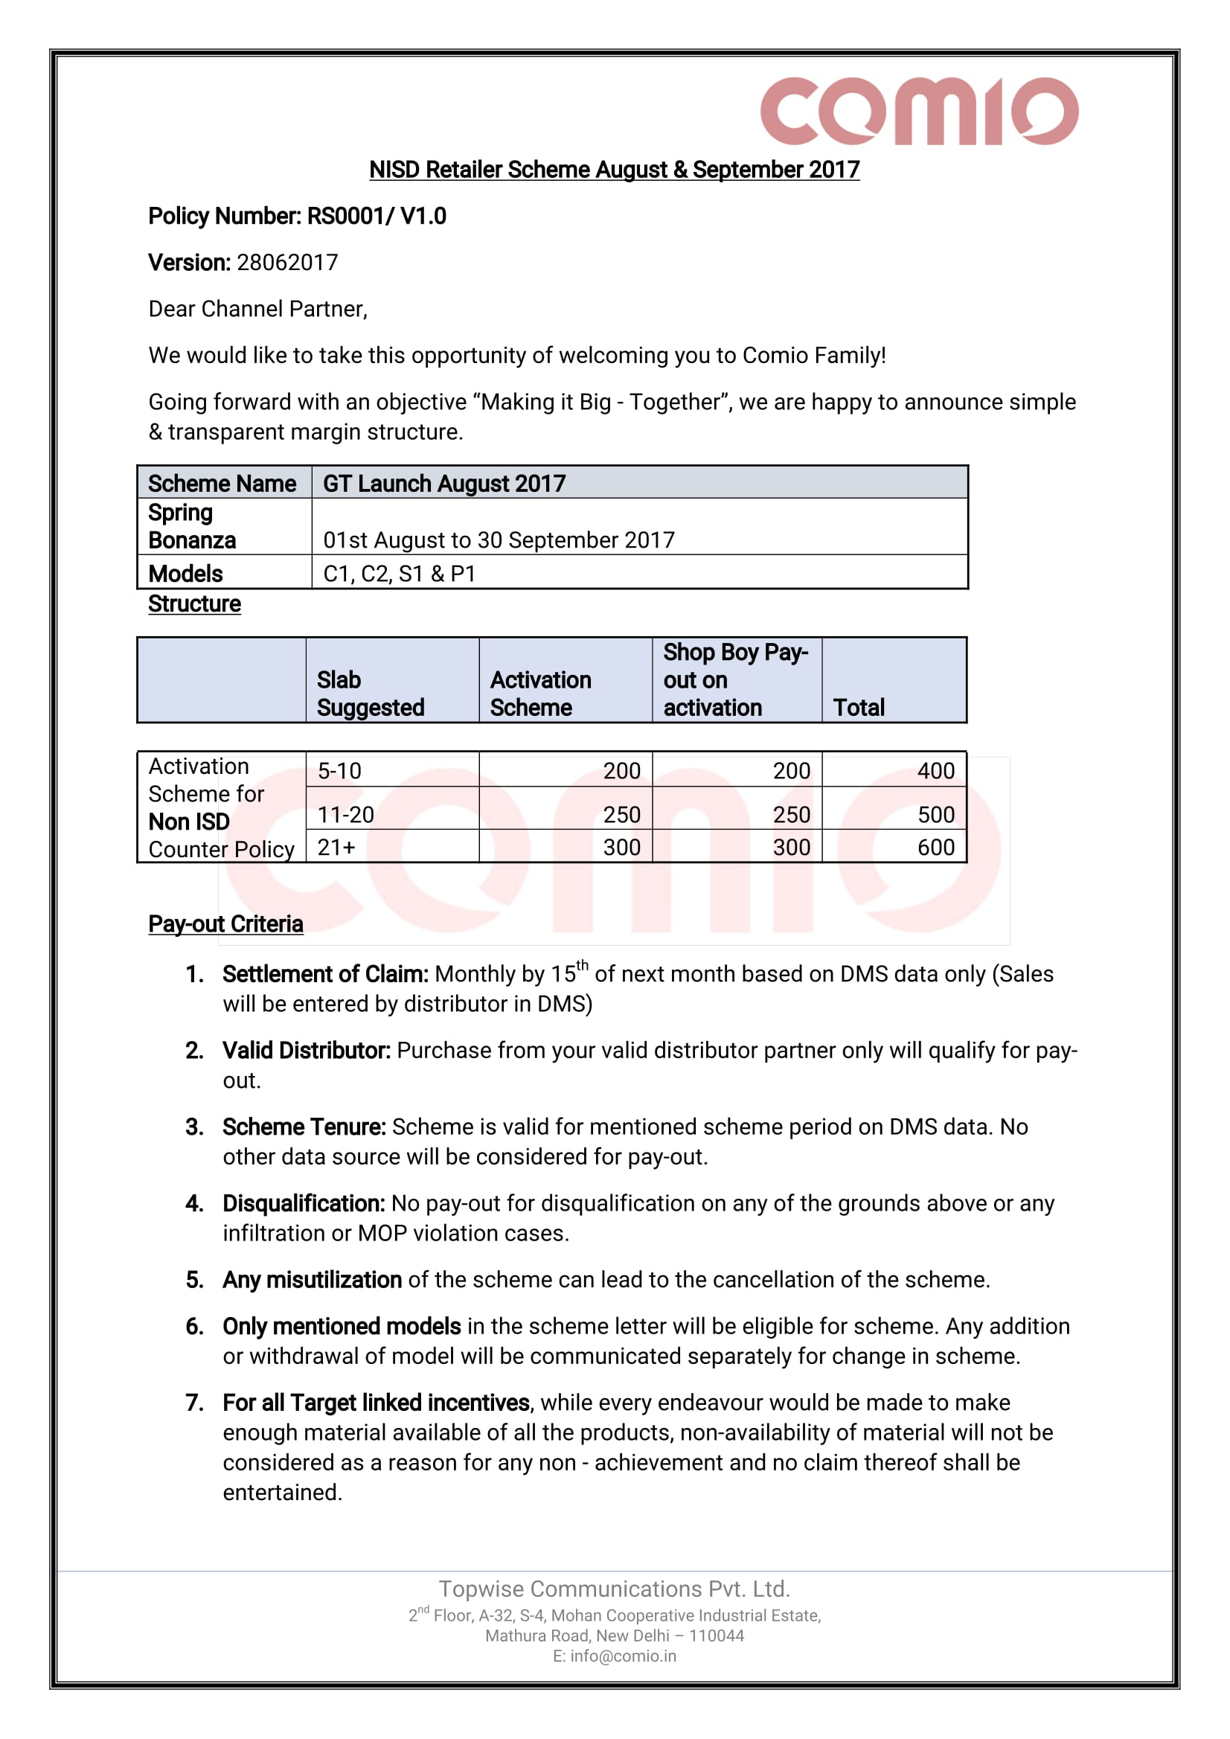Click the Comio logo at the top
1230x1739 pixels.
[919, 111]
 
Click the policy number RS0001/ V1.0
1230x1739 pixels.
[377, 217]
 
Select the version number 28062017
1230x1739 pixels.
[287, 263]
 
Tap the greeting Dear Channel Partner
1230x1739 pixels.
[257, 309]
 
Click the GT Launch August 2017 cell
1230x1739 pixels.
[443, 483]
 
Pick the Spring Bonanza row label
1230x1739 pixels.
[193, 526]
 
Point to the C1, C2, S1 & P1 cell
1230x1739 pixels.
[399, 574]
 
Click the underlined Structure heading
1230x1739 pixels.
[195, 603]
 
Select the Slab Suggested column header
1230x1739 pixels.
[371, 693]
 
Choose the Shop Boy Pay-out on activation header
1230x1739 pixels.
[734, 679]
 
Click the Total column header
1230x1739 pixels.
[858, 708]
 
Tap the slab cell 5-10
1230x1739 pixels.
[339, 771]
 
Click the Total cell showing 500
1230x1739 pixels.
[935, 814]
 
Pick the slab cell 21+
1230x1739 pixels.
[336, 847]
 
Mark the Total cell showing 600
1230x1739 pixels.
[935, 847]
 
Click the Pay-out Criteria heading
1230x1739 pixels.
[225, 924]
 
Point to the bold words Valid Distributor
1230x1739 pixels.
[306, 1051]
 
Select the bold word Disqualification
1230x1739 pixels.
[303, 1203]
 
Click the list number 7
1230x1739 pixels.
[195, 1403]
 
